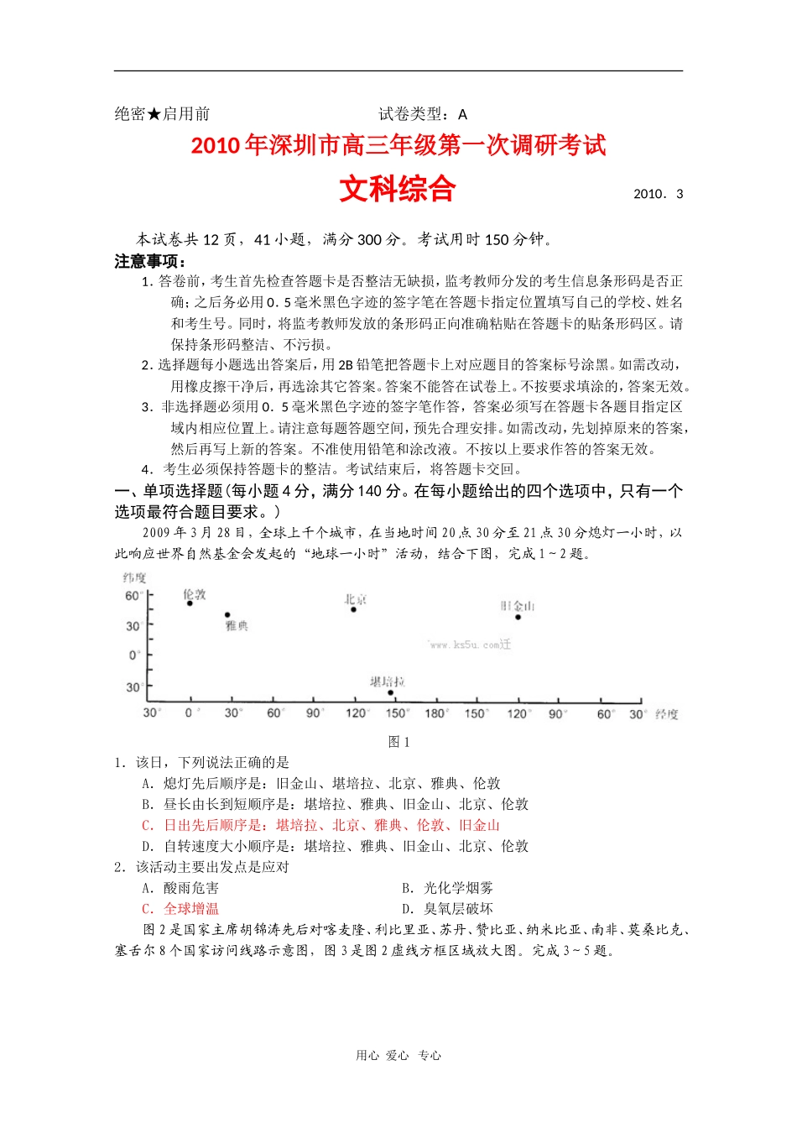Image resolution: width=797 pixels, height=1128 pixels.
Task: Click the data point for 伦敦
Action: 190,603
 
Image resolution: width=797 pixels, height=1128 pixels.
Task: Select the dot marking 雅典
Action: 227,615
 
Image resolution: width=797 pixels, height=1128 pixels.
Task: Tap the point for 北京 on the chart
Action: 353,609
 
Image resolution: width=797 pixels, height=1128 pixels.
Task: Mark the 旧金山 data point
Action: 518,617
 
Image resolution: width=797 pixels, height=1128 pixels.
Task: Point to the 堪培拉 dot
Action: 390,693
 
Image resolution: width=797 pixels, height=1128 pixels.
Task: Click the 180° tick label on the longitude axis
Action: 435,713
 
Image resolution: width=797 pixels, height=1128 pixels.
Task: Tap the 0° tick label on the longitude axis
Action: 190,713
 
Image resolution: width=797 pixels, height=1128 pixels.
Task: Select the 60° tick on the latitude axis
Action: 133,596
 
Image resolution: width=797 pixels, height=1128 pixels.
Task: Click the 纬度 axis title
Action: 134,577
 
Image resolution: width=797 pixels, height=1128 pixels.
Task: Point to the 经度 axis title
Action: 667,714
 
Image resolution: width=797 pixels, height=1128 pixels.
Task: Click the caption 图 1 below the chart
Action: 398,742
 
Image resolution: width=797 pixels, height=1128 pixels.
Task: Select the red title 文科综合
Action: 398,189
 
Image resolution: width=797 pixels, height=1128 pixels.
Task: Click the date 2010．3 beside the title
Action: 658,194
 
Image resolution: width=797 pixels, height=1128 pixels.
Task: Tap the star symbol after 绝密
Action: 154,114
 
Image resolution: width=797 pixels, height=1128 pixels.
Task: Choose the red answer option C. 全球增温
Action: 180,909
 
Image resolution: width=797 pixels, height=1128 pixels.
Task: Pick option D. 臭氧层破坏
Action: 447,909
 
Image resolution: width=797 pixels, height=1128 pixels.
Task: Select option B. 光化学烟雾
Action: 447,888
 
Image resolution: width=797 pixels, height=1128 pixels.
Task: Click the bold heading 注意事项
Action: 150,261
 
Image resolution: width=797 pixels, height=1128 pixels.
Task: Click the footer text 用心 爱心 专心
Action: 398,1056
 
